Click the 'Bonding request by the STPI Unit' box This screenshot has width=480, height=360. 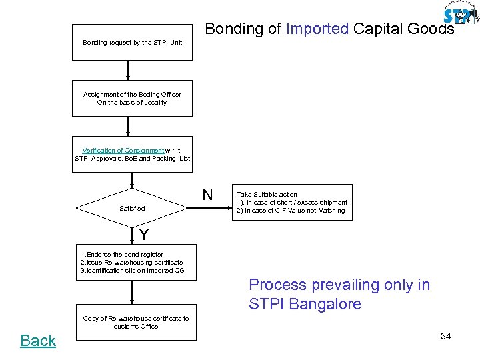[132, 42]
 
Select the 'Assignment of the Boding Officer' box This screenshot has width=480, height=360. [132, 98]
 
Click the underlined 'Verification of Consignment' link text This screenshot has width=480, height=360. [123, 151]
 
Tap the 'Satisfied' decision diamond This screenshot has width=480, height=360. [132, 208]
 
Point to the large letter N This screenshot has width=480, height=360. [207, 195]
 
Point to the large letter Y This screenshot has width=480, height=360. [144, 235]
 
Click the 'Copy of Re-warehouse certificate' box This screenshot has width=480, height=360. [135, 322]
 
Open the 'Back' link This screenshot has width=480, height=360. [38, 341]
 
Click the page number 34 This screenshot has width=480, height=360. [445, 336]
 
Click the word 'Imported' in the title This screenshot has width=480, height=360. [317, 29]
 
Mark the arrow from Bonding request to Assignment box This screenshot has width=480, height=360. [127, 70]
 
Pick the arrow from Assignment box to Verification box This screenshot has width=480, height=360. [127, 126]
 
